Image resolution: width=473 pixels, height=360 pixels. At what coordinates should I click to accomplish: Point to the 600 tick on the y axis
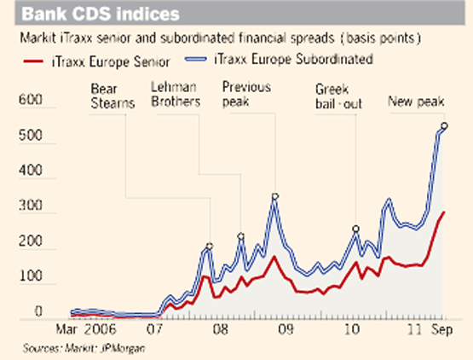click(x=31, y=101)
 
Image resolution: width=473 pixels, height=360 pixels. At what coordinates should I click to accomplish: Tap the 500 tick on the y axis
click(x=31, y=136)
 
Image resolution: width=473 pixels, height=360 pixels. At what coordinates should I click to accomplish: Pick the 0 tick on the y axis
click(x=38, y=313)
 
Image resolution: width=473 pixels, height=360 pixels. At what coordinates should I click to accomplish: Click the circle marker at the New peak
click(x=444, y=126)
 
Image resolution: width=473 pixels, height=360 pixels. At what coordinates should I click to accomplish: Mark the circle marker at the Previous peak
click(x=274, y=196)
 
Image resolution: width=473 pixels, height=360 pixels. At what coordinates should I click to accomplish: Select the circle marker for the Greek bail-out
click(x=355, y=229)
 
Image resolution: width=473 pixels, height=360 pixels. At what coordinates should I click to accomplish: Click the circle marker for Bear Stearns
click(x=210, y=247)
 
